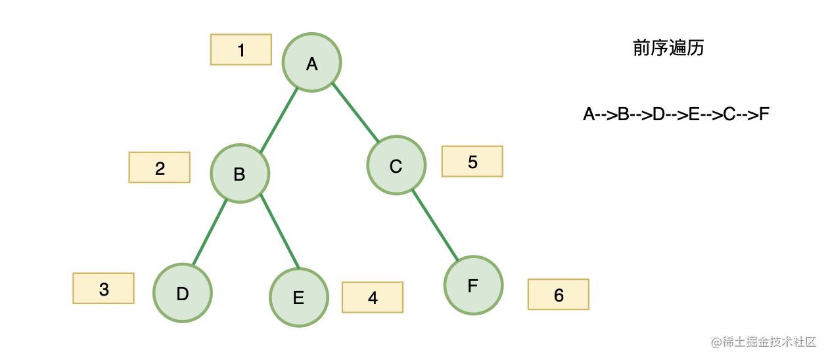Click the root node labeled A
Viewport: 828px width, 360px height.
coord(311,62)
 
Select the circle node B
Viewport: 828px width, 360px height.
coord(240,173)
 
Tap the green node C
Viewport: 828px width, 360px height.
coord(396,165)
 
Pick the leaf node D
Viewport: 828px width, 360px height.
coord(183,293)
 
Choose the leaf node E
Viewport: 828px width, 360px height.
coord(299,297)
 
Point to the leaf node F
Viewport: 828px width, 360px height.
coord(473,285)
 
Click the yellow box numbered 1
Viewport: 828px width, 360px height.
coord(241,49)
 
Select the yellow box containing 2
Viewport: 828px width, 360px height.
coord(159,168)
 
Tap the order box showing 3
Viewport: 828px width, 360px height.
coord(104,288)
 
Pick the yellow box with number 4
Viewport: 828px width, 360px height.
coord(373,298)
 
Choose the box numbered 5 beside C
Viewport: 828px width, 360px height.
coord(472,162)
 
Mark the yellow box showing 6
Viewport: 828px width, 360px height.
coord(559,294)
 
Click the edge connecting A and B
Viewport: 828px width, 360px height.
coord(279,120)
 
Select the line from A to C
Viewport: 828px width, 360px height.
coord(356,112)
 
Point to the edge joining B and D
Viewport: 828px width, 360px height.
coord(210,232)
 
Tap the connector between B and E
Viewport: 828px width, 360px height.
coord(279,231)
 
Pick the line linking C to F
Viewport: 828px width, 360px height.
coord(435,225)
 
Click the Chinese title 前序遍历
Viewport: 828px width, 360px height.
coord(668,48)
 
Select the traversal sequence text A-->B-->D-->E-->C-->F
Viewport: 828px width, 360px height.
coord(676,114)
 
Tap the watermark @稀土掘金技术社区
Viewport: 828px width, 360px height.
coord(764,342)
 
